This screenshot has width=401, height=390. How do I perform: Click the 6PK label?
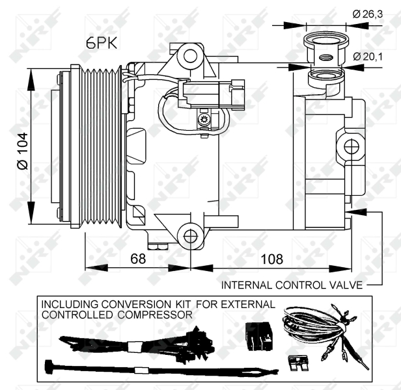pyautogui.click(x=102, y=43)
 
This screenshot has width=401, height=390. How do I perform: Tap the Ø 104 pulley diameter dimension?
pyautogui.click(x=23, y=151)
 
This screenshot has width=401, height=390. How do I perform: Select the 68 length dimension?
pyautogui.click(x=138, y=259)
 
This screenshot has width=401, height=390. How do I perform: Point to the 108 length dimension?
pyautogui.click(x=272, y=259)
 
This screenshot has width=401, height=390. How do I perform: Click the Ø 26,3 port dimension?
pyautogui.click(x=368, y=14)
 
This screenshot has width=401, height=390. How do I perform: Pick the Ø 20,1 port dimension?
pyautogui.click(x=368, y=57)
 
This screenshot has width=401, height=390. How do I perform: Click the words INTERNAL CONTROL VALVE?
pyautogui.click(x=292, y=285)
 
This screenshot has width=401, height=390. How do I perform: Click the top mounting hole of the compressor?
pyautogui.click(x=190, y=57)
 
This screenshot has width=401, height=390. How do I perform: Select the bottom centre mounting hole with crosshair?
pyautogui.click(x=191, y=237)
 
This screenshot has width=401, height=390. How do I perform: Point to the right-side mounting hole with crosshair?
pyautogui.click(x=352, y=147)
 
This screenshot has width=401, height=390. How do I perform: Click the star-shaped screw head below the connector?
pyautogui.click(x=204, y=119)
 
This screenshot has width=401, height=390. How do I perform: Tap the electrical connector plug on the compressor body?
pyautogui.click(x=211, y=94)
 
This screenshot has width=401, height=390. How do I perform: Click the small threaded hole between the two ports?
pyautogui.click(x=326, y=57)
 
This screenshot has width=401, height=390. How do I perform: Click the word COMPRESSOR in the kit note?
pyautogui.click(x=155, y=315)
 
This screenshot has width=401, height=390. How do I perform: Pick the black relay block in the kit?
pyautogui.click(x=259, y=336)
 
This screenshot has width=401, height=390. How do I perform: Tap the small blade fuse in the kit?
pyautogui.click(x=297, y=363)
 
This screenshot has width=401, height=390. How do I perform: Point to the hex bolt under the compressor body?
pyautogui.click(x=158, y=246)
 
